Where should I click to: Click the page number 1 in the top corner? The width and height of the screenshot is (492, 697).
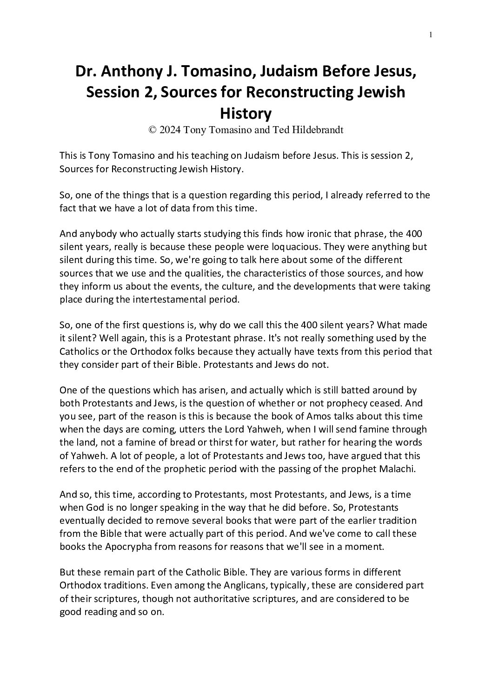tap(431, 34)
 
